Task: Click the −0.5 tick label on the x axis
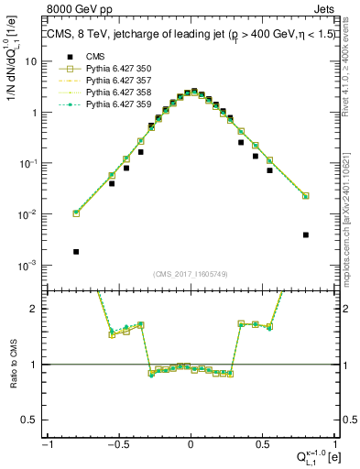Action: tap(117, 444)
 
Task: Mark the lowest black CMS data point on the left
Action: tap(76, 251)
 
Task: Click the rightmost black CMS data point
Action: tap(305, 234)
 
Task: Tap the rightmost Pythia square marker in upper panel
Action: tap(305, 196)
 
